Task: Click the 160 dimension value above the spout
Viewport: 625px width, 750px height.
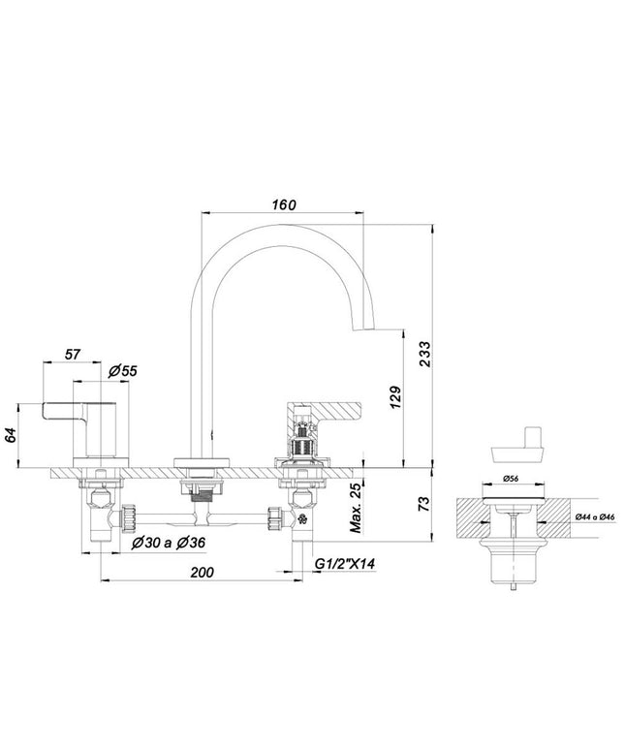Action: tap(284, 204)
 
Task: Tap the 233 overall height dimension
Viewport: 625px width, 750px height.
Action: tap(424, 354)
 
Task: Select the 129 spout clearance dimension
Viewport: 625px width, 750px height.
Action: tap(396, 397)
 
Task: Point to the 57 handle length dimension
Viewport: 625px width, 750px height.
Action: tap(73, 355)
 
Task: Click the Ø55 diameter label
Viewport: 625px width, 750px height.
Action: tap(122, 371)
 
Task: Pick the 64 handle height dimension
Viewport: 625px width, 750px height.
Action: tap(11, 435)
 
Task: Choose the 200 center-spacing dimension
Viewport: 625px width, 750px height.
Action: tap(203, 572)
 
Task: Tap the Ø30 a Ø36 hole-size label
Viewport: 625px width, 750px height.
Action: tap(168, 543)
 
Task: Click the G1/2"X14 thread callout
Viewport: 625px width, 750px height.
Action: tap(344, 564)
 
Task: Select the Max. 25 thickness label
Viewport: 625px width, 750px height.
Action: tap(356, 508)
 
